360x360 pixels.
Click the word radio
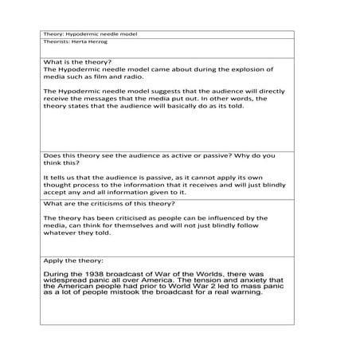(x=145, y=77)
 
